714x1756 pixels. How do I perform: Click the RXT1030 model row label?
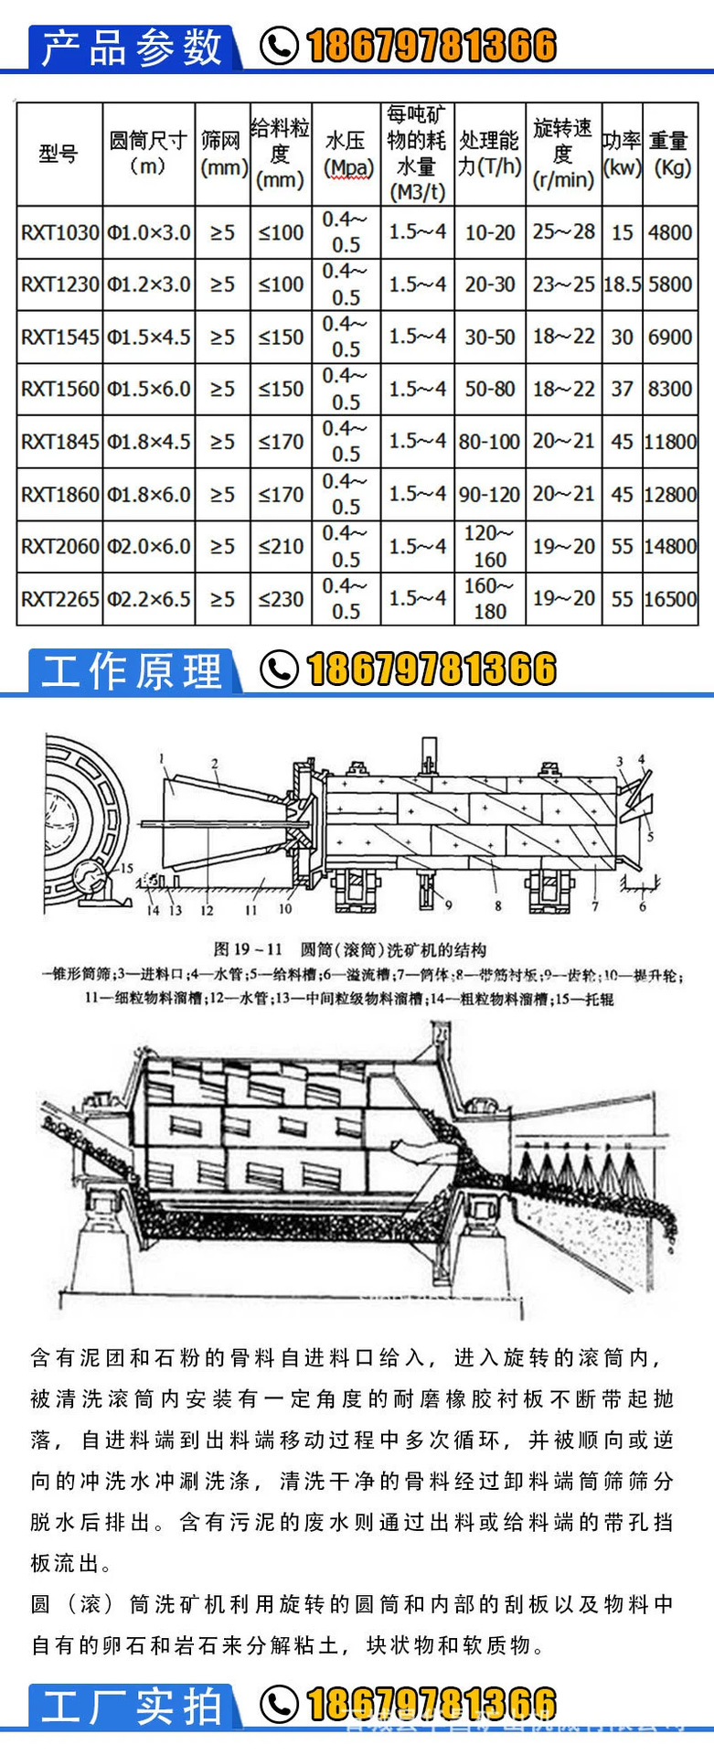59,232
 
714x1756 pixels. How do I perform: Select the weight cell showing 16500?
670,600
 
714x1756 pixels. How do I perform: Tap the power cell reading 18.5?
622,284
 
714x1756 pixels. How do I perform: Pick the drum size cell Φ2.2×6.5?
149,600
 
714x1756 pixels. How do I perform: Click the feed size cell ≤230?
281,600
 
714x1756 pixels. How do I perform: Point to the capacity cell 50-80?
490,390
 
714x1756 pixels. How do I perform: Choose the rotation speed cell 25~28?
563,232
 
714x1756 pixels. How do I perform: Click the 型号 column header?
59,154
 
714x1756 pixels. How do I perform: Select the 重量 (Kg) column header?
670,154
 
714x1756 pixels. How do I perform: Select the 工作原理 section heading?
133,671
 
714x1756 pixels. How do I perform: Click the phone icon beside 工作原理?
279,669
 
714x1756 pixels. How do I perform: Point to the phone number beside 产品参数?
431,46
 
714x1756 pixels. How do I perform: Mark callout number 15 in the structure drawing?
126,868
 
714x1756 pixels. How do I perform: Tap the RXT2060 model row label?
59,547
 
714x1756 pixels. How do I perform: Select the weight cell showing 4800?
670,232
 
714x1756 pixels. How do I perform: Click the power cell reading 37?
622,390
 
